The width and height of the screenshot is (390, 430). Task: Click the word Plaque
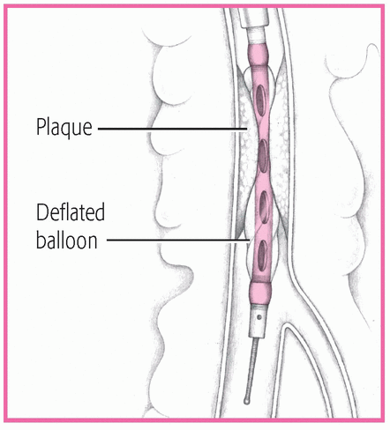[64, 128]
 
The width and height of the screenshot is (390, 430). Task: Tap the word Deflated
[71, 211]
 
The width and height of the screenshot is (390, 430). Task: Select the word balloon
[67, 241]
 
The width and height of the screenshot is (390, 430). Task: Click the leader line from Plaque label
[172, 129]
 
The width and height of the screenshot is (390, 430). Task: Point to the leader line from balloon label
[178, 240]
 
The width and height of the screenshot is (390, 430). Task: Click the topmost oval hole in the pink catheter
[261, 100]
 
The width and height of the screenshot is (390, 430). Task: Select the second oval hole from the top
[263, 156]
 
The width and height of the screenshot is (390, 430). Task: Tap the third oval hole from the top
[265, 207]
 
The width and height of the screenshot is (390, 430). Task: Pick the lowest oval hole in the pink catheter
[263, 256]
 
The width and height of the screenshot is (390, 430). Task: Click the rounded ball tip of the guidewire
[247, 401]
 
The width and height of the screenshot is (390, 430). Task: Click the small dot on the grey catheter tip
[259, 317]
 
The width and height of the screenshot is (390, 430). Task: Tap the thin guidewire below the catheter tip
[252, 367]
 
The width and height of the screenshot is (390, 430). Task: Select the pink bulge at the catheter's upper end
[259, 55]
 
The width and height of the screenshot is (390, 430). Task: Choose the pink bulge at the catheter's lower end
[259, 293]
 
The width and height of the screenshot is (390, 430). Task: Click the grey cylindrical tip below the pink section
[259, 321]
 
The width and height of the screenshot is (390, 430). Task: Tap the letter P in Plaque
[41, 127]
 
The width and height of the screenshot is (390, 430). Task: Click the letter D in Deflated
[42, 211]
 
